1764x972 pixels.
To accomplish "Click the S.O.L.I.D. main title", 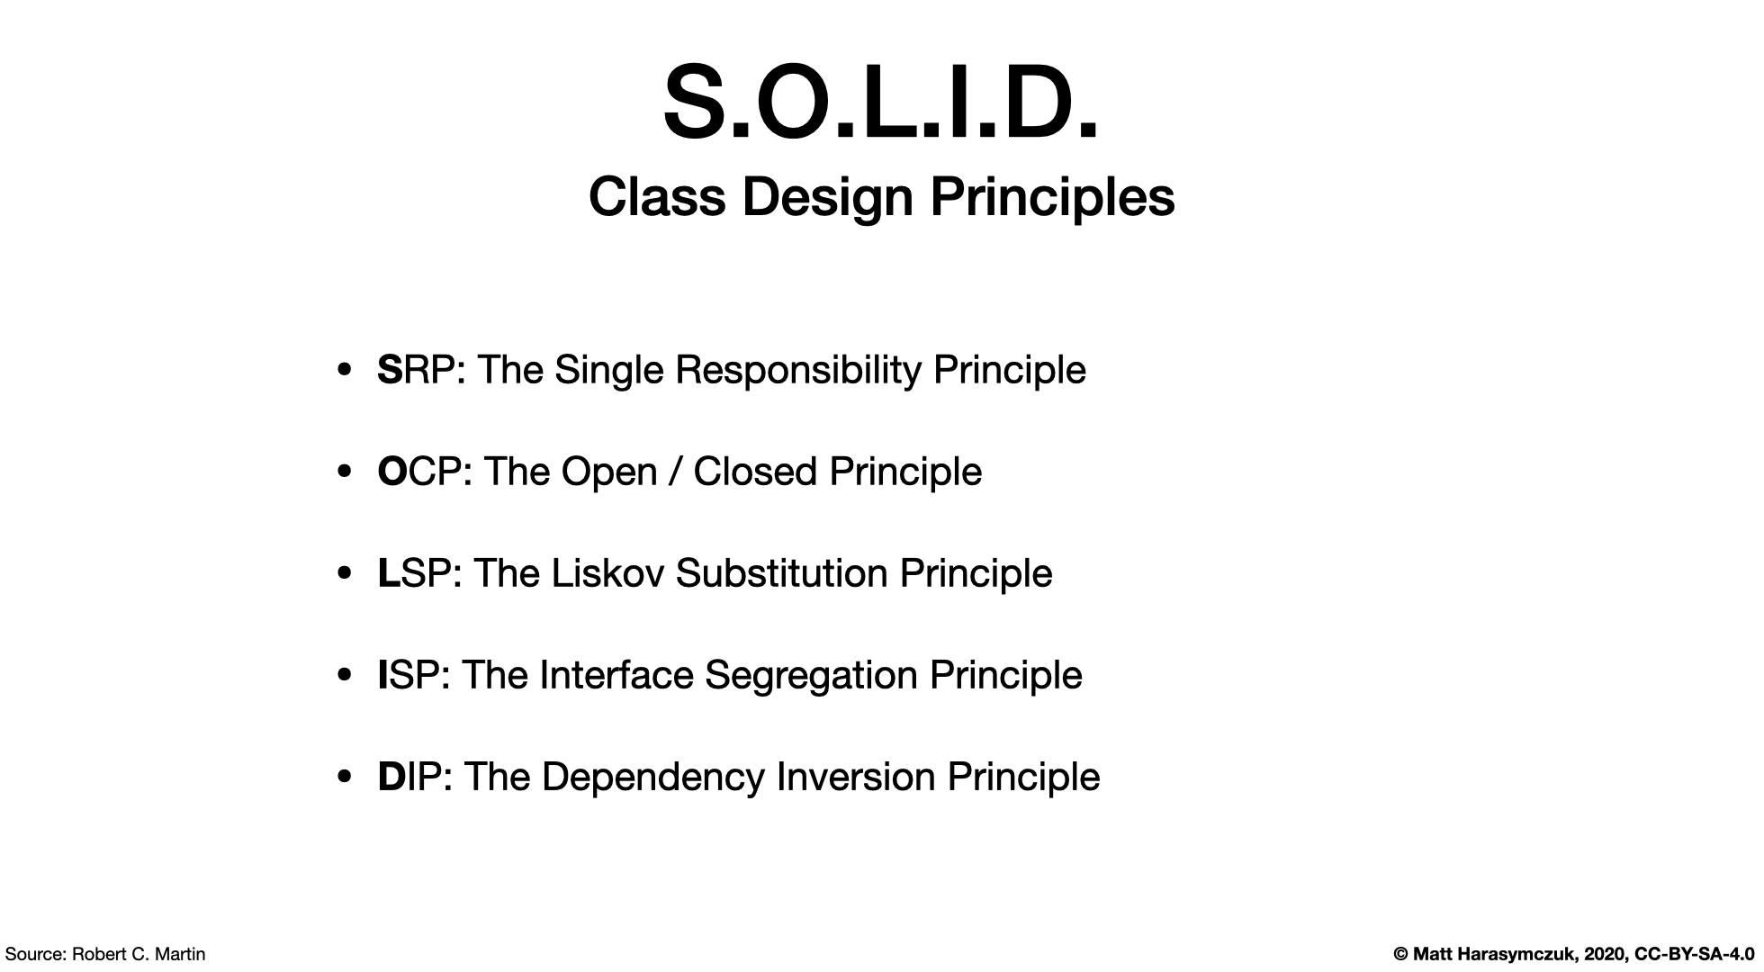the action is click(x=881, y=103).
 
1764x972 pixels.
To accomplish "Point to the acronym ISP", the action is click(x=409, y=675).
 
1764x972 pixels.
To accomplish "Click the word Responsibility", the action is click(x=798, y=371).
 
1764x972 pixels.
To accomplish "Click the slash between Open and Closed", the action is click(x=674, y=472).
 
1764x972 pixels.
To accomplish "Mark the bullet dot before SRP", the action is click(x=344, y=371).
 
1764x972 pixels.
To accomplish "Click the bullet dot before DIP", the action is click(x=344, y=778).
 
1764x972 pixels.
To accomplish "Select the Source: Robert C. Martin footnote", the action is click(x=105, y=954).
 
